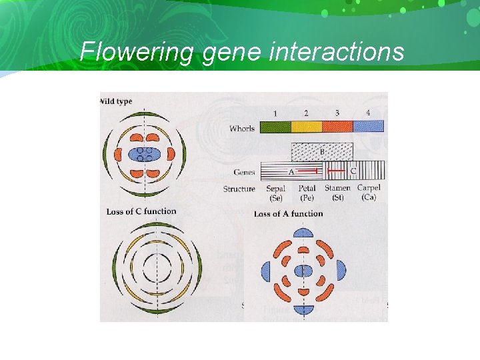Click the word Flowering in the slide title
tap(137, 51)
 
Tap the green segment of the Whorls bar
tap(275, 126)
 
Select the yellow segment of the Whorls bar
tap(307, 126)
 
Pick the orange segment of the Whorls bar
tap(337, 126)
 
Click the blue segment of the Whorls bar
tap(368, 126)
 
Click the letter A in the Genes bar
tap(291, 171)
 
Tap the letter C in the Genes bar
tap(353, 171)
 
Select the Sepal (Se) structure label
tap(275, 193)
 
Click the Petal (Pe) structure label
tap(307, 193)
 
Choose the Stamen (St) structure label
tap(337, 193)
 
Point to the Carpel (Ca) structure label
tap(369, 193)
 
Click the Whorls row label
tap(242, 128)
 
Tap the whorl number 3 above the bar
tap(337, 113)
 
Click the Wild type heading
tap(116, 101)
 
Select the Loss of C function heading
tap(141, 211)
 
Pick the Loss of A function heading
tap(288, 213)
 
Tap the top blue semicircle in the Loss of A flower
tap(303, 233)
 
